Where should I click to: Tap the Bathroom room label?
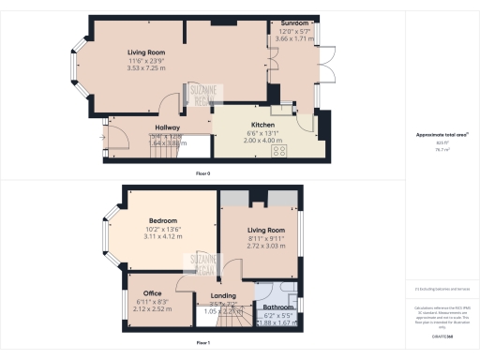coord(277,307)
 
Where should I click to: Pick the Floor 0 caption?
coord(202,174)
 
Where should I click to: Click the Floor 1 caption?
coord(202,344)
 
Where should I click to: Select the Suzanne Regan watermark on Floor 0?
coord(202,96)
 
